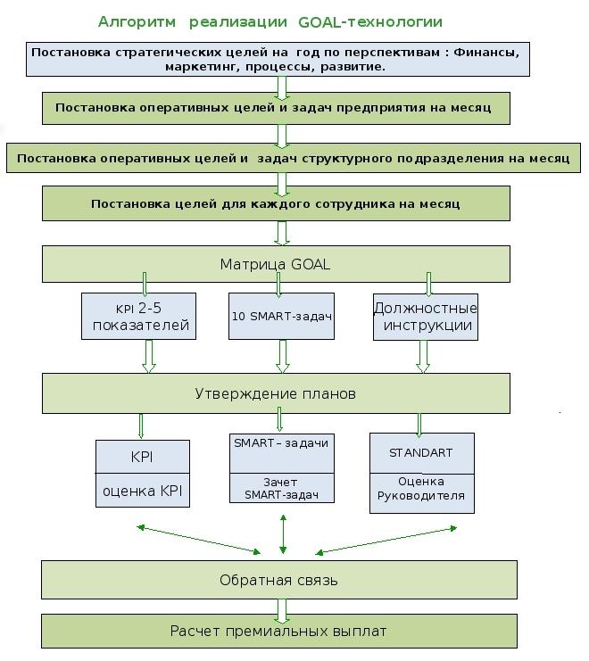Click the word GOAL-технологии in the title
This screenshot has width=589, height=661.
tap(370, 22)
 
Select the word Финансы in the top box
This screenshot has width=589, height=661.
tap(486, 53)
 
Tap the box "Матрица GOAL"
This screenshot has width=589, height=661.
tap(276, 264)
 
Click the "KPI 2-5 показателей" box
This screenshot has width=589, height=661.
tap(138, 316)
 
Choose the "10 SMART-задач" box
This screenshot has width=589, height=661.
tap(281, 316)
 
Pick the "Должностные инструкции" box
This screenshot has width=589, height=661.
tap(426, 317)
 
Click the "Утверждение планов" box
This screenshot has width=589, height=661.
tap(276, 393)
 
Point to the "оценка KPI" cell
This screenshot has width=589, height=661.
tap(143, 491)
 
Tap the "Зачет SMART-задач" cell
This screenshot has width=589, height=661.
tap(282, 488)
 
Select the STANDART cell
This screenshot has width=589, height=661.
tap(421, 453)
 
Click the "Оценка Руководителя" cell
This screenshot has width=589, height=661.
tap(421, 493)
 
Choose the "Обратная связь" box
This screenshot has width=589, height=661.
tap(279, 580)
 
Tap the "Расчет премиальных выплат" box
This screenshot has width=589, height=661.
tap(279, 631)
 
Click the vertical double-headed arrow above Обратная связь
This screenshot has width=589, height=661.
tap(283, 534)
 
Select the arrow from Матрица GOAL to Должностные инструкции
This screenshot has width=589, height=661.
tap(428, 285)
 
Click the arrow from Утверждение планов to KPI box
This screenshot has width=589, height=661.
tap(141, 426)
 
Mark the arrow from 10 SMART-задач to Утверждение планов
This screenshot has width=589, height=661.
tap(283, 357)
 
